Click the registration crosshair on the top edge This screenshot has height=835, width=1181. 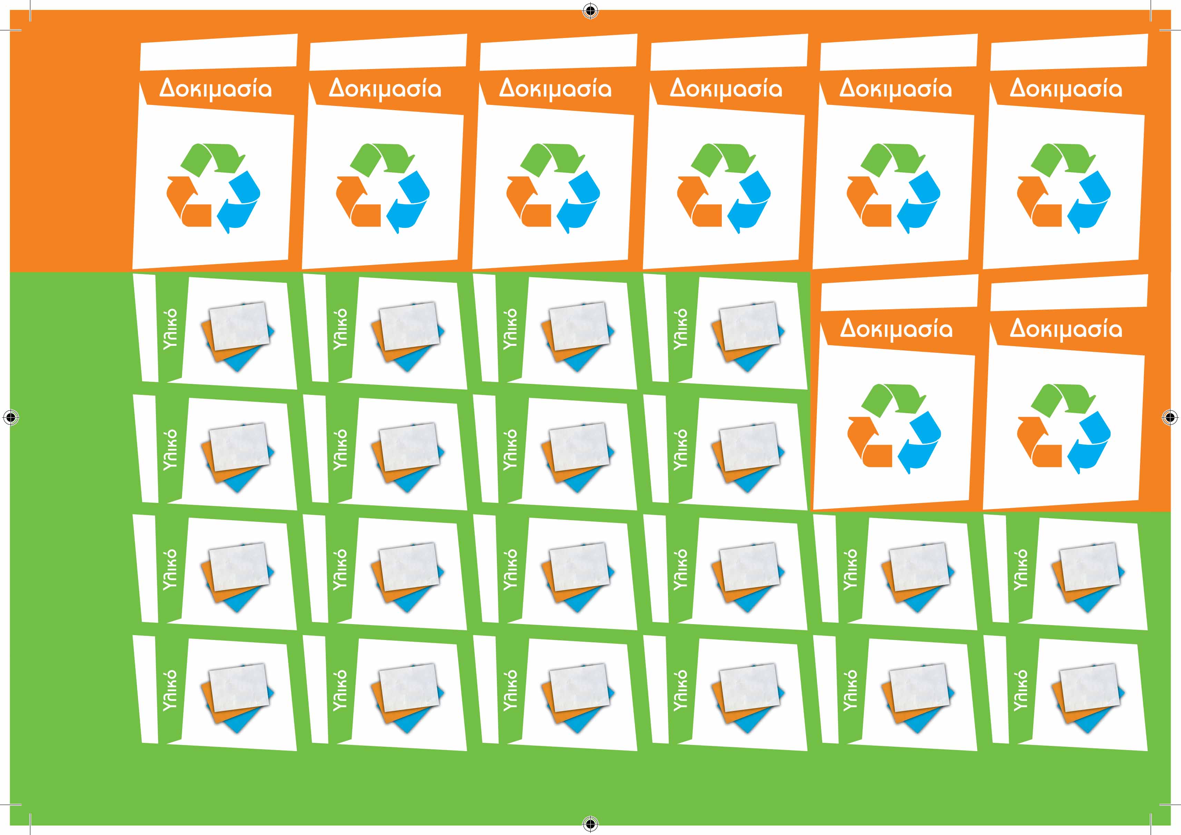(591, 10)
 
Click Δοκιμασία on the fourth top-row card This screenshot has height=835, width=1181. (726, 88)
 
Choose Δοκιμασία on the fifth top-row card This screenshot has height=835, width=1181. (896, 88)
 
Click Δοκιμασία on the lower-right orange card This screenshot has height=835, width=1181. (1066, 329)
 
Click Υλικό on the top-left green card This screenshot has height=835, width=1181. (170, 329)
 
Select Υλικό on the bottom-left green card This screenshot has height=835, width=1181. (170, 690)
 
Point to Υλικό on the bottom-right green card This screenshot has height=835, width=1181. (1021, 690)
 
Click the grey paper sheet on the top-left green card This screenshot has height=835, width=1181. (239, 326)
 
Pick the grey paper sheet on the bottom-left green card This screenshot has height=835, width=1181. (239, 688)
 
